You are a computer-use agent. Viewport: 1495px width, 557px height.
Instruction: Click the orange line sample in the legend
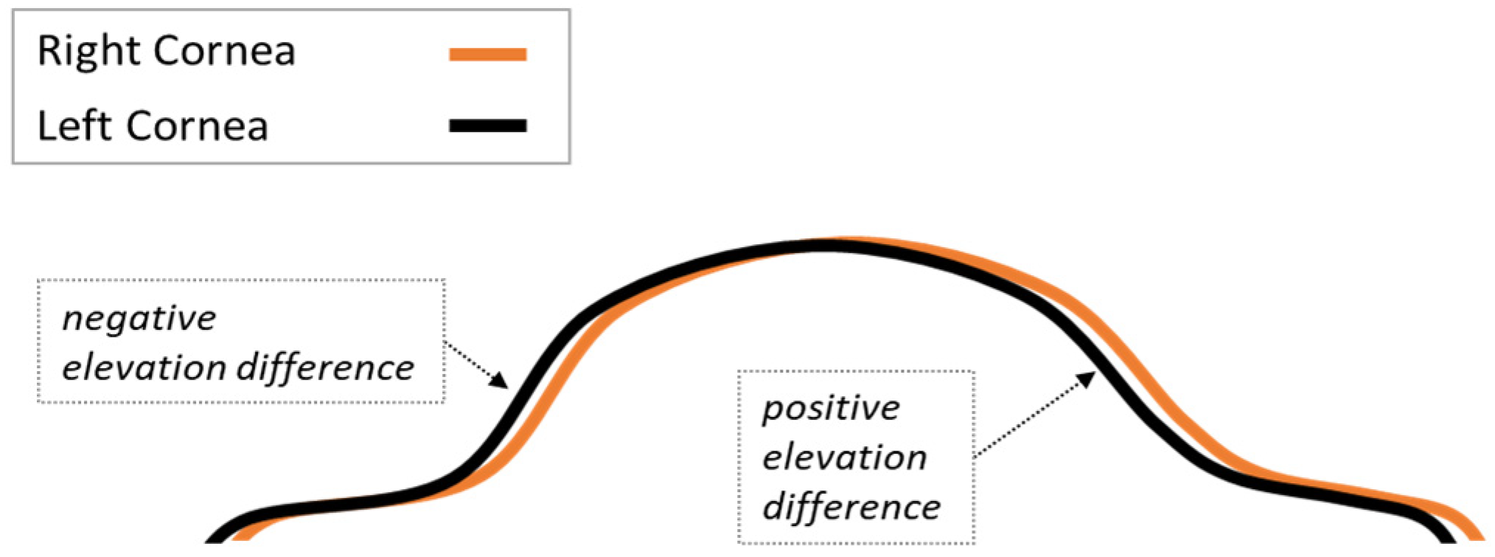point(487,54)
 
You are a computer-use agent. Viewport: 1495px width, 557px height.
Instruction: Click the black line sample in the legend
point(487,125)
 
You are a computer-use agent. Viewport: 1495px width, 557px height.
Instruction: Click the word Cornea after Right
point(225,52)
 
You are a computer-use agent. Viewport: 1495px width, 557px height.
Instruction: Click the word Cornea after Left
point(197,125)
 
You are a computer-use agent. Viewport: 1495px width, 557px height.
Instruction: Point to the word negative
point(139,319)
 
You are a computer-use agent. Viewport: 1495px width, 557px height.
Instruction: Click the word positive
point(831,408)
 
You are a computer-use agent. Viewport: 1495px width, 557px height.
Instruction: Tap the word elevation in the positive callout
point(844,457)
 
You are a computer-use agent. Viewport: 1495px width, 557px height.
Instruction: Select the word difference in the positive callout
point(851,507)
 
